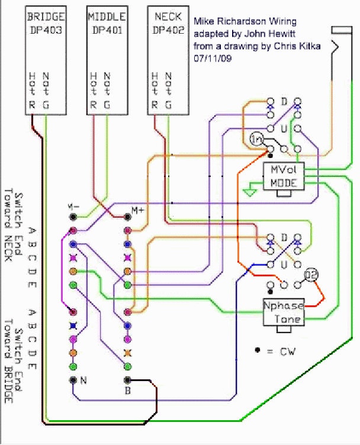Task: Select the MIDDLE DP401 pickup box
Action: pos(107,61)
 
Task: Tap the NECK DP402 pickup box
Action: pos(168,61)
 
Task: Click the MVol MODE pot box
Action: pos(284,176)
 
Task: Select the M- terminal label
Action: pos(73,208)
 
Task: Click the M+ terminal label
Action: pos(137,210)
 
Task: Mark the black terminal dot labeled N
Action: pos(73,380)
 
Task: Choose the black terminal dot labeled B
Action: pos(127,380)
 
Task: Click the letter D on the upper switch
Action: pos(284,102)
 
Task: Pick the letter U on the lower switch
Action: pos(284,264)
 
